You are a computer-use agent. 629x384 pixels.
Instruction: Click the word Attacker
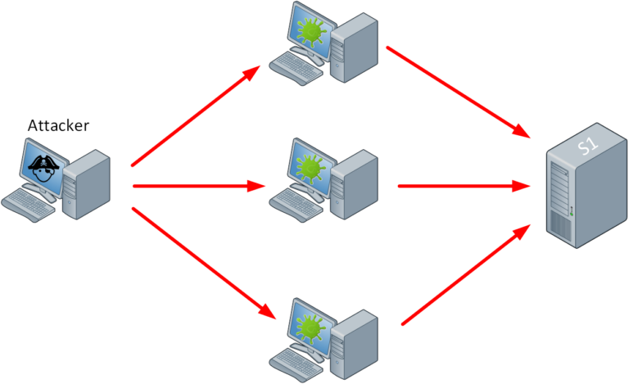pyautogui.click(x=58, y=125)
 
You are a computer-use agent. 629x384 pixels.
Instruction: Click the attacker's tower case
pyautogui.click(x=87, y=183)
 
